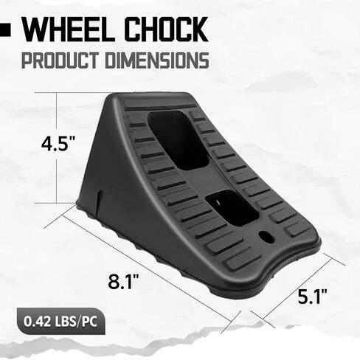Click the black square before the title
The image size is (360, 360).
[x=6, y=30]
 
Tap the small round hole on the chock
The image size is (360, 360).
[x=266, y=238]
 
